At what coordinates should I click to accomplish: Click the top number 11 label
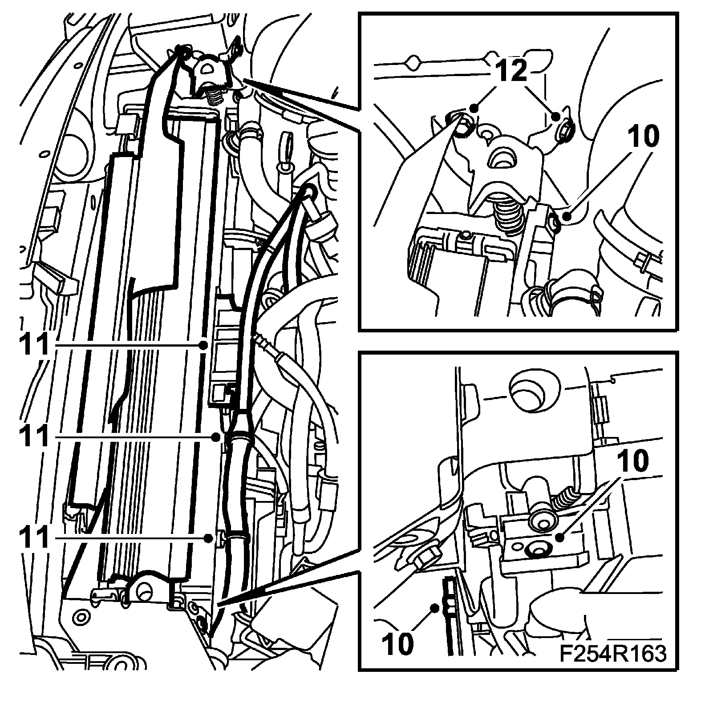point(33,345)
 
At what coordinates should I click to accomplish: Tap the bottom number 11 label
point(33,538)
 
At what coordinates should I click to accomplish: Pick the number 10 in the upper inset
point(644,137)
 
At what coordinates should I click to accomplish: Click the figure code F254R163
point(613,654)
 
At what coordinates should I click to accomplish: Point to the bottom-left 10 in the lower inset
point(397,644)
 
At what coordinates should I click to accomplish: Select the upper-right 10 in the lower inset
point(634,462)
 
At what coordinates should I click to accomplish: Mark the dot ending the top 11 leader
point(203,345)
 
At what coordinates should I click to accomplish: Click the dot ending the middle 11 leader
point(216,437)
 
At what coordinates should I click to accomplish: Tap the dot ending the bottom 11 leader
point(208,538)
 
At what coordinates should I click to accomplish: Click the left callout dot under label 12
point(474,108)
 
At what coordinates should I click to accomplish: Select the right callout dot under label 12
point(556,117)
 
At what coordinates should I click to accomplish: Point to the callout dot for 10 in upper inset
point(566,217)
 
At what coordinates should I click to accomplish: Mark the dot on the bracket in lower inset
point(560,537)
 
